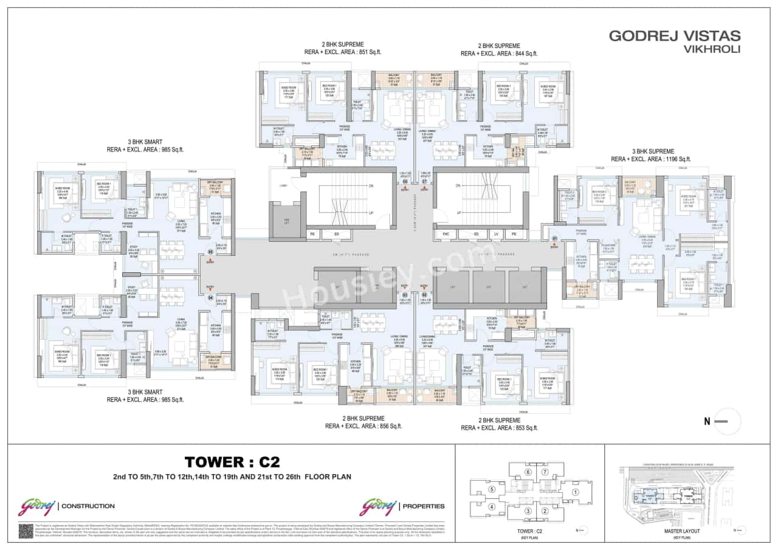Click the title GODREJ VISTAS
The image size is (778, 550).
674,36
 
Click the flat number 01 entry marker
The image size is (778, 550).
554,238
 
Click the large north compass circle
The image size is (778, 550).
727,421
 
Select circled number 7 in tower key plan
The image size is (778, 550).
545,472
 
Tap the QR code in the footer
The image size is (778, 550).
26,531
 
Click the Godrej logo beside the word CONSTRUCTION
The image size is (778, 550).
36,506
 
